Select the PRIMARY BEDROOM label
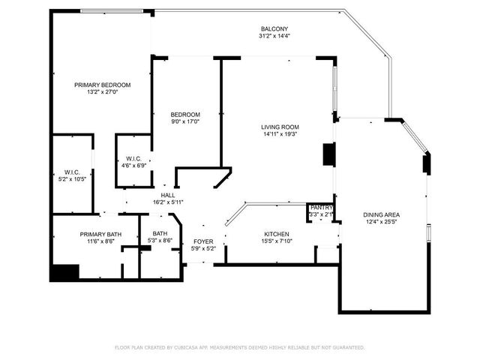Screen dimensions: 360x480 coord(102,85)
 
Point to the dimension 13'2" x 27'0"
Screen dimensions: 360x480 coord(102,92)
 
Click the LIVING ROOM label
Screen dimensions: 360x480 coord(280,127)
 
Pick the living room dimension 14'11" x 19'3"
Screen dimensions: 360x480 coord(280,134)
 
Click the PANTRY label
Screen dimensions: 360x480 coord(321,207)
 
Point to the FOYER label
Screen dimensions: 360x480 coord(203,241)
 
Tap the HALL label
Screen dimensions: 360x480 coord(167,194)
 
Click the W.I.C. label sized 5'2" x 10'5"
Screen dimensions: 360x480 coord(72,172)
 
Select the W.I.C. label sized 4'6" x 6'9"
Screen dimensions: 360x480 coord(133,158)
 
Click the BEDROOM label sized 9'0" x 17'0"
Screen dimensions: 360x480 coord(184,114)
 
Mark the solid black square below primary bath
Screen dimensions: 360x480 coord(64,273)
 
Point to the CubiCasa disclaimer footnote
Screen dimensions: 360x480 coord(239,347)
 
